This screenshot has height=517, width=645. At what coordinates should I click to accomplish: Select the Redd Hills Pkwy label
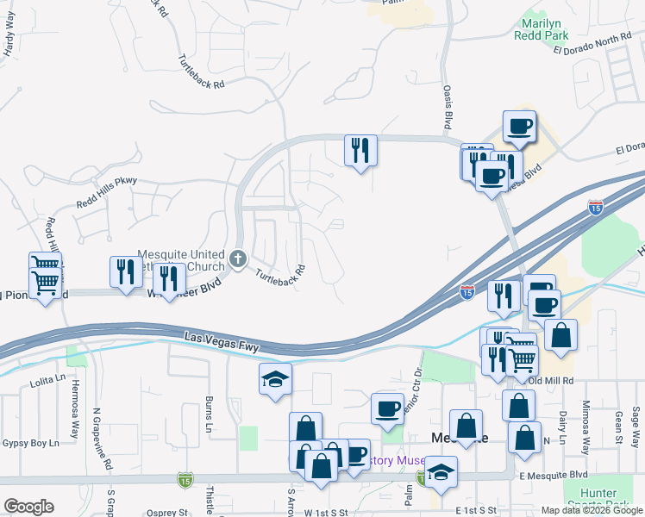point(107,191)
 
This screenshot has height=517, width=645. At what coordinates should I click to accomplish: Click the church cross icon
point(238,258)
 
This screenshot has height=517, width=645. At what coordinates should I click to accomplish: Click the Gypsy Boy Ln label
point(29,442)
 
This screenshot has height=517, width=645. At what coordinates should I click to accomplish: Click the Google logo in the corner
point(28,506)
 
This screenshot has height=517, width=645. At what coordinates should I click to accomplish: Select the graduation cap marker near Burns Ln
point(276,378)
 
